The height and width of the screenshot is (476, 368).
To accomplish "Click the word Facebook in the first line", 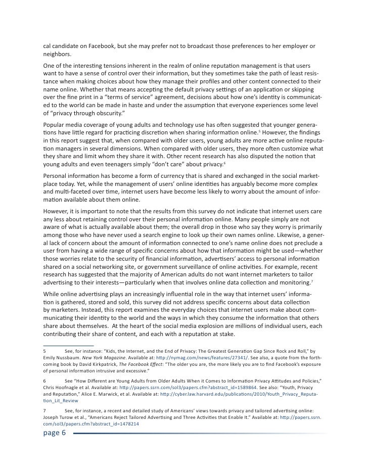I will point(100,46).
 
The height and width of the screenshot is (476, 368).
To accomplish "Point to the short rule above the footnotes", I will point(61,344).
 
